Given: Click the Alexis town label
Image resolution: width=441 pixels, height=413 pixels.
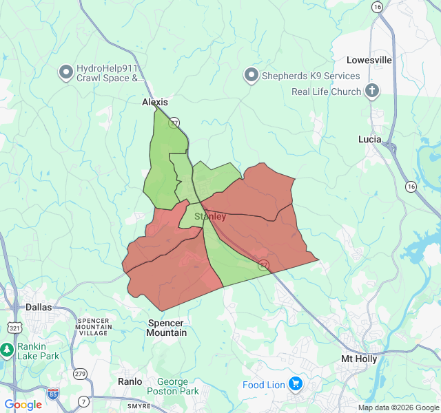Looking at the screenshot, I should tap(154, 102).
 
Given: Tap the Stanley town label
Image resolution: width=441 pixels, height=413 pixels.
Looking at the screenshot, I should tap(210, 216).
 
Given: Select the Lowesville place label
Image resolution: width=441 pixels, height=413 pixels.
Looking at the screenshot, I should tap(369, 60).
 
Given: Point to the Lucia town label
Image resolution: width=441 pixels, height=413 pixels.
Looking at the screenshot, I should tap(369, 139).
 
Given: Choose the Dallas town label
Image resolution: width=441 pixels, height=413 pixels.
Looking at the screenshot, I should tap(39, 307).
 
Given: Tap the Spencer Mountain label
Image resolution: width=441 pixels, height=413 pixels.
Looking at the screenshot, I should tap(167, 328).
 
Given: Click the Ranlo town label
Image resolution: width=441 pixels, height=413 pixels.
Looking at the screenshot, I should tap(130, 381).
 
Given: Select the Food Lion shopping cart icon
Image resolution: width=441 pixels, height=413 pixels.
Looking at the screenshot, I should tap(296, 383).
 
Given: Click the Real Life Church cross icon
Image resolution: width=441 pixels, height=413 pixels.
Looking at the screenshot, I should tap(371, 91).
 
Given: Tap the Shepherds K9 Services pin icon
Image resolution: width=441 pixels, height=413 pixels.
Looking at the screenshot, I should tap(252, 75).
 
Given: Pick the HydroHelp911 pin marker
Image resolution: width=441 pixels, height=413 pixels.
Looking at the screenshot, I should tap(66, 72).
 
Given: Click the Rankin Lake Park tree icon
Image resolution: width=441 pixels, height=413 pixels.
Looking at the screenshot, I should tap(8, 350).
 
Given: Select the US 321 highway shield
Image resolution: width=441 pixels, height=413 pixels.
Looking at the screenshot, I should tap(15, 328).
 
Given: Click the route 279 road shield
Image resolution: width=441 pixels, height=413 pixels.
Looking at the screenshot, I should tap(81, 374).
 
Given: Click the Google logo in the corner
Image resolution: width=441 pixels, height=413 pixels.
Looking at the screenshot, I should tap(23, 405).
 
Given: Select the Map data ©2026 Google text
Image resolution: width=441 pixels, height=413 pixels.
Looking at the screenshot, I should tap(398, 407).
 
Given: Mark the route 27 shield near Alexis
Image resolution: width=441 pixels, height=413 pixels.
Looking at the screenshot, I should tap(174, 123).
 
